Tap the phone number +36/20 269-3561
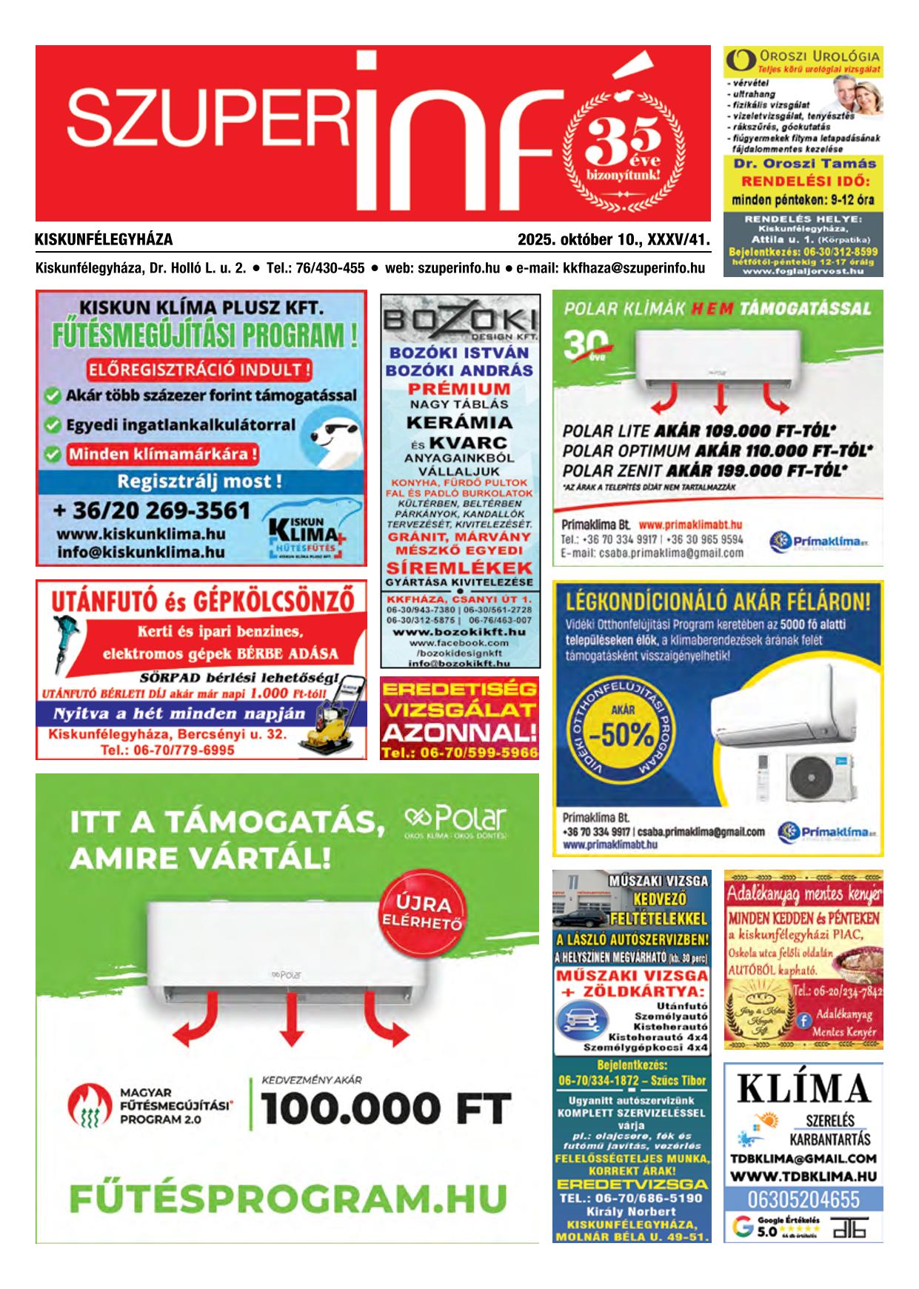[152, 510]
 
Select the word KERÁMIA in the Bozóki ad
[459, 422]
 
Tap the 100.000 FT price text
[386, 1109]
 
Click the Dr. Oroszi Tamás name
[803, 164]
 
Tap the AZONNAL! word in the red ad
[459, 733]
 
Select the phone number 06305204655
[803, 1199]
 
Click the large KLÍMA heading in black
[803, 1089]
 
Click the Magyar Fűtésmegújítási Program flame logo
[87, 1109]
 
